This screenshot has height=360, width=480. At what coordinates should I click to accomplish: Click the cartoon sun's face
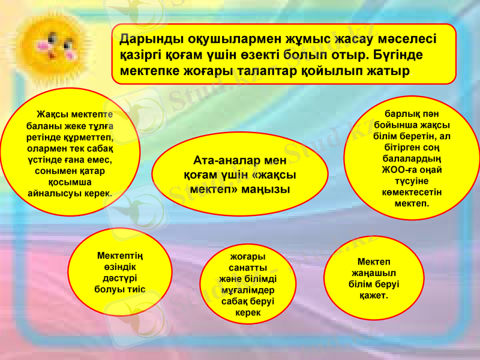(x=55, y=45)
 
